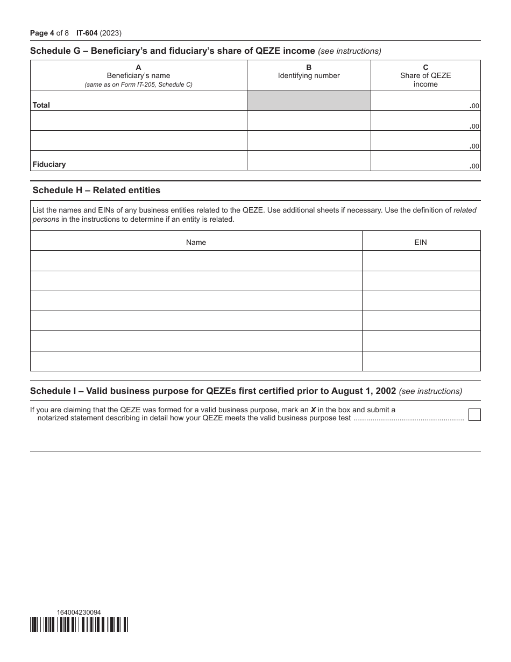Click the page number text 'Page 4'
pyautogui.click(x=42, y=33)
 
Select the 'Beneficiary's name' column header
pyautogui.click(x=138, y=75)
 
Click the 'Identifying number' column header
pyautogui.click(x=309, y=75)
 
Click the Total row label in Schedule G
pyautogui.click(x=41, y=105)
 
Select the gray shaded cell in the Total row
pyautogui.click(x=309, y=101)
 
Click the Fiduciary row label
pyautogui.click(x=49, y=164)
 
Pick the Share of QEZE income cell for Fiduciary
pyautogui.click(x=425, y=161)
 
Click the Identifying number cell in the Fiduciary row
pyautogui.click(x=309, y=161)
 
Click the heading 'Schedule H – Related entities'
pyautogui.click(x=96, y=190)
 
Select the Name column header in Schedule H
pyautogui.click(x=196, y=242)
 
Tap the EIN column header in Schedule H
pyautogui.click(x=421, y=242)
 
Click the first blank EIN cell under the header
pyautogui.click(x=421, y=261)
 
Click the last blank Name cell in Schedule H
pyautogui.click(x=196, y=361)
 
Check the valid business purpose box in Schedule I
pyautogui.click(x=474, y=414)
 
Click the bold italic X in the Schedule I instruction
pyautogui.click(x=313, y=410)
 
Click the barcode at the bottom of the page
pyautogui.click(x=80, y=624)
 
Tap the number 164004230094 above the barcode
pyautogui.click(x=79, y=612)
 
